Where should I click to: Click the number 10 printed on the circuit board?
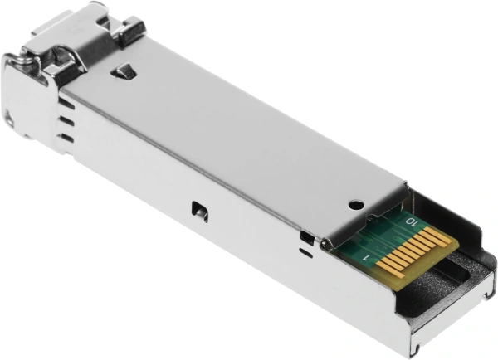click(x=408, y=221)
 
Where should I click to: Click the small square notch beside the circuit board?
click(x=307, y=237)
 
